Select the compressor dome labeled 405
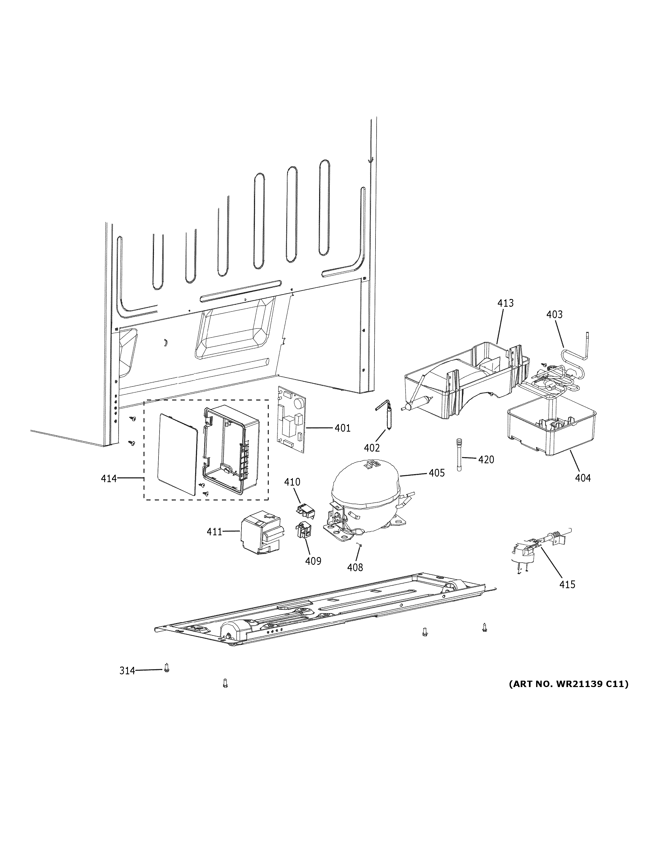[x=366, y=486]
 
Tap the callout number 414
[x=109, y=478]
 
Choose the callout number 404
[x=583, y=478]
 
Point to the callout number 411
[x=214, y=532]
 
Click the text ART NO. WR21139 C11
[x=568, y=684]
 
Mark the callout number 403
[x=554, y=315]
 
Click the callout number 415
[x=567, y=584]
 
